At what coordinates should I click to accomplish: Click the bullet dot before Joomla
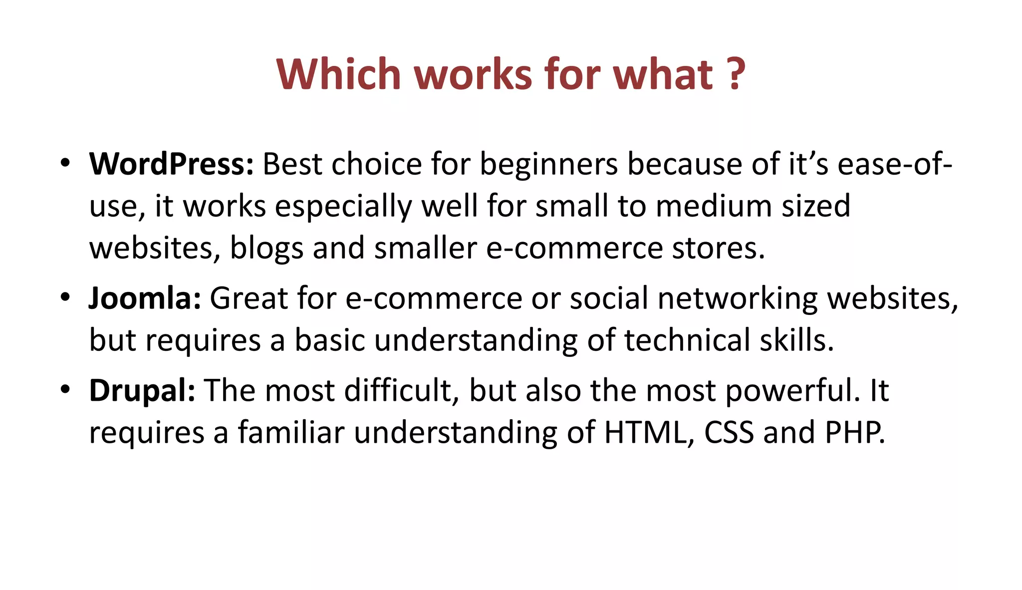[65, 297]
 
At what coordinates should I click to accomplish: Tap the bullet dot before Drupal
[65, 389]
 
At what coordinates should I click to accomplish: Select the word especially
[343, 206]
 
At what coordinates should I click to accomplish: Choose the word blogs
[266, 248]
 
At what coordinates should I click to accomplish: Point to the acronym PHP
[854, 432]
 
